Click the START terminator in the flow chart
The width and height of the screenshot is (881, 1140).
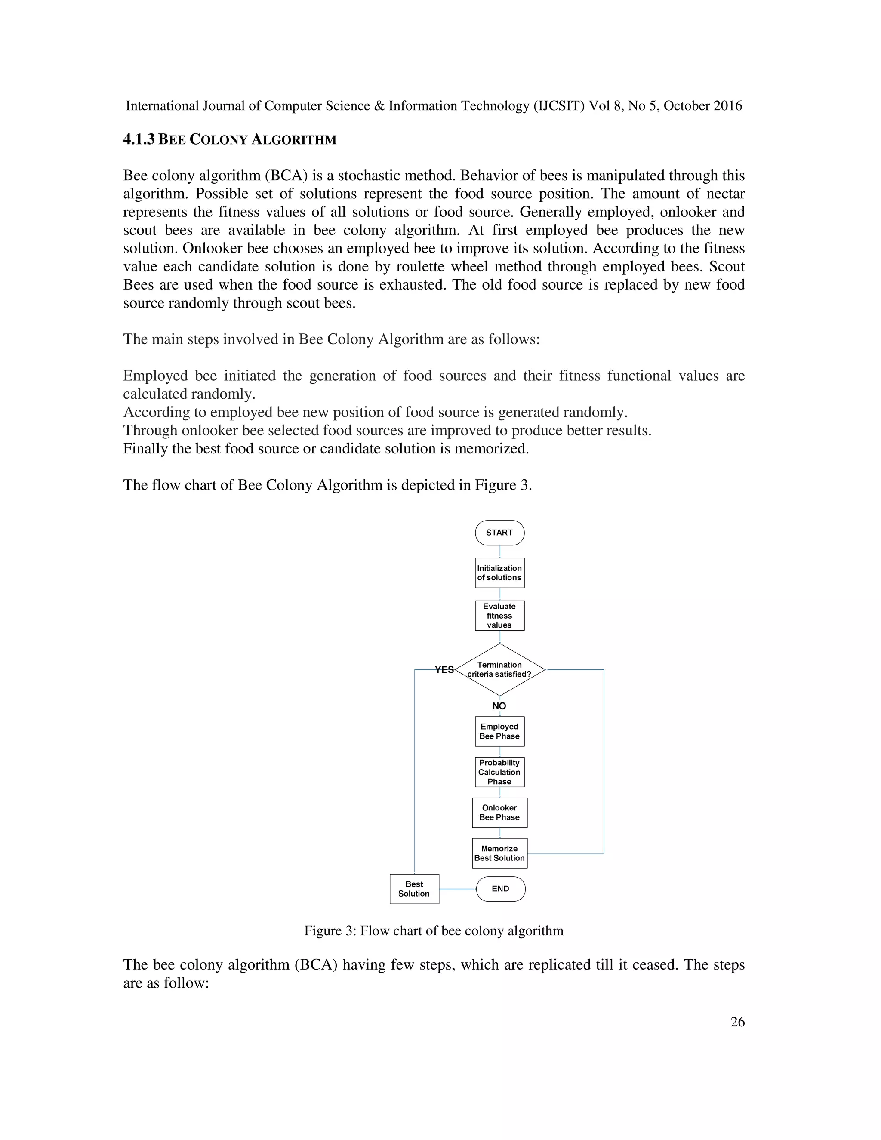click(x=499, y=533)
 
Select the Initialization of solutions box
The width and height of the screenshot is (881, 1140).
click(x=499, y=573)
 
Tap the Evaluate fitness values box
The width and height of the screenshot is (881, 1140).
click(x=499, y=616)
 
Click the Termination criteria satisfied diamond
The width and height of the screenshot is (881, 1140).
click(x=499, y=669)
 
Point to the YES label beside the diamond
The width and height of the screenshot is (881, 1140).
click(x=444, y=670)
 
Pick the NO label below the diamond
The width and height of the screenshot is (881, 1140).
click(x=499, y=706)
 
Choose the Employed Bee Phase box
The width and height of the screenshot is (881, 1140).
click(x=499, y=731)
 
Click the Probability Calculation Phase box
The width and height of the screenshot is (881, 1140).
click(x=499, y=772)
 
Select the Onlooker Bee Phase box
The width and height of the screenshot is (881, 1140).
click(x=499, y=812)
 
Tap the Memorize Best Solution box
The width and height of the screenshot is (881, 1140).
click(x=499, y=853)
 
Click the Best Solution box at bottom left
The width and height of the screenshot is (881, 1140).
click(x=414, y=888)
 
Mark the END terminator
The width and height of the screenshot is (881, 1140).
click(x=501, y=888)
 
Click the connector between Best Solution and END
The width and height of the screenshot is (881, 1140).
click(x=458, y=888)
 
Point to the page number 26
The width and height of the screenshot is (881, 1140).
click(x=737, y=1022)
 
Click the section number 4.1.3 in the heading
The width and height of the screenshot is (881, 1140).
click(x=139, y=139)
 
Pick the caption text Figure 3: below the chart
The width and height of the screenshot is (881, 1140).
click(x=330, y=930)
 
